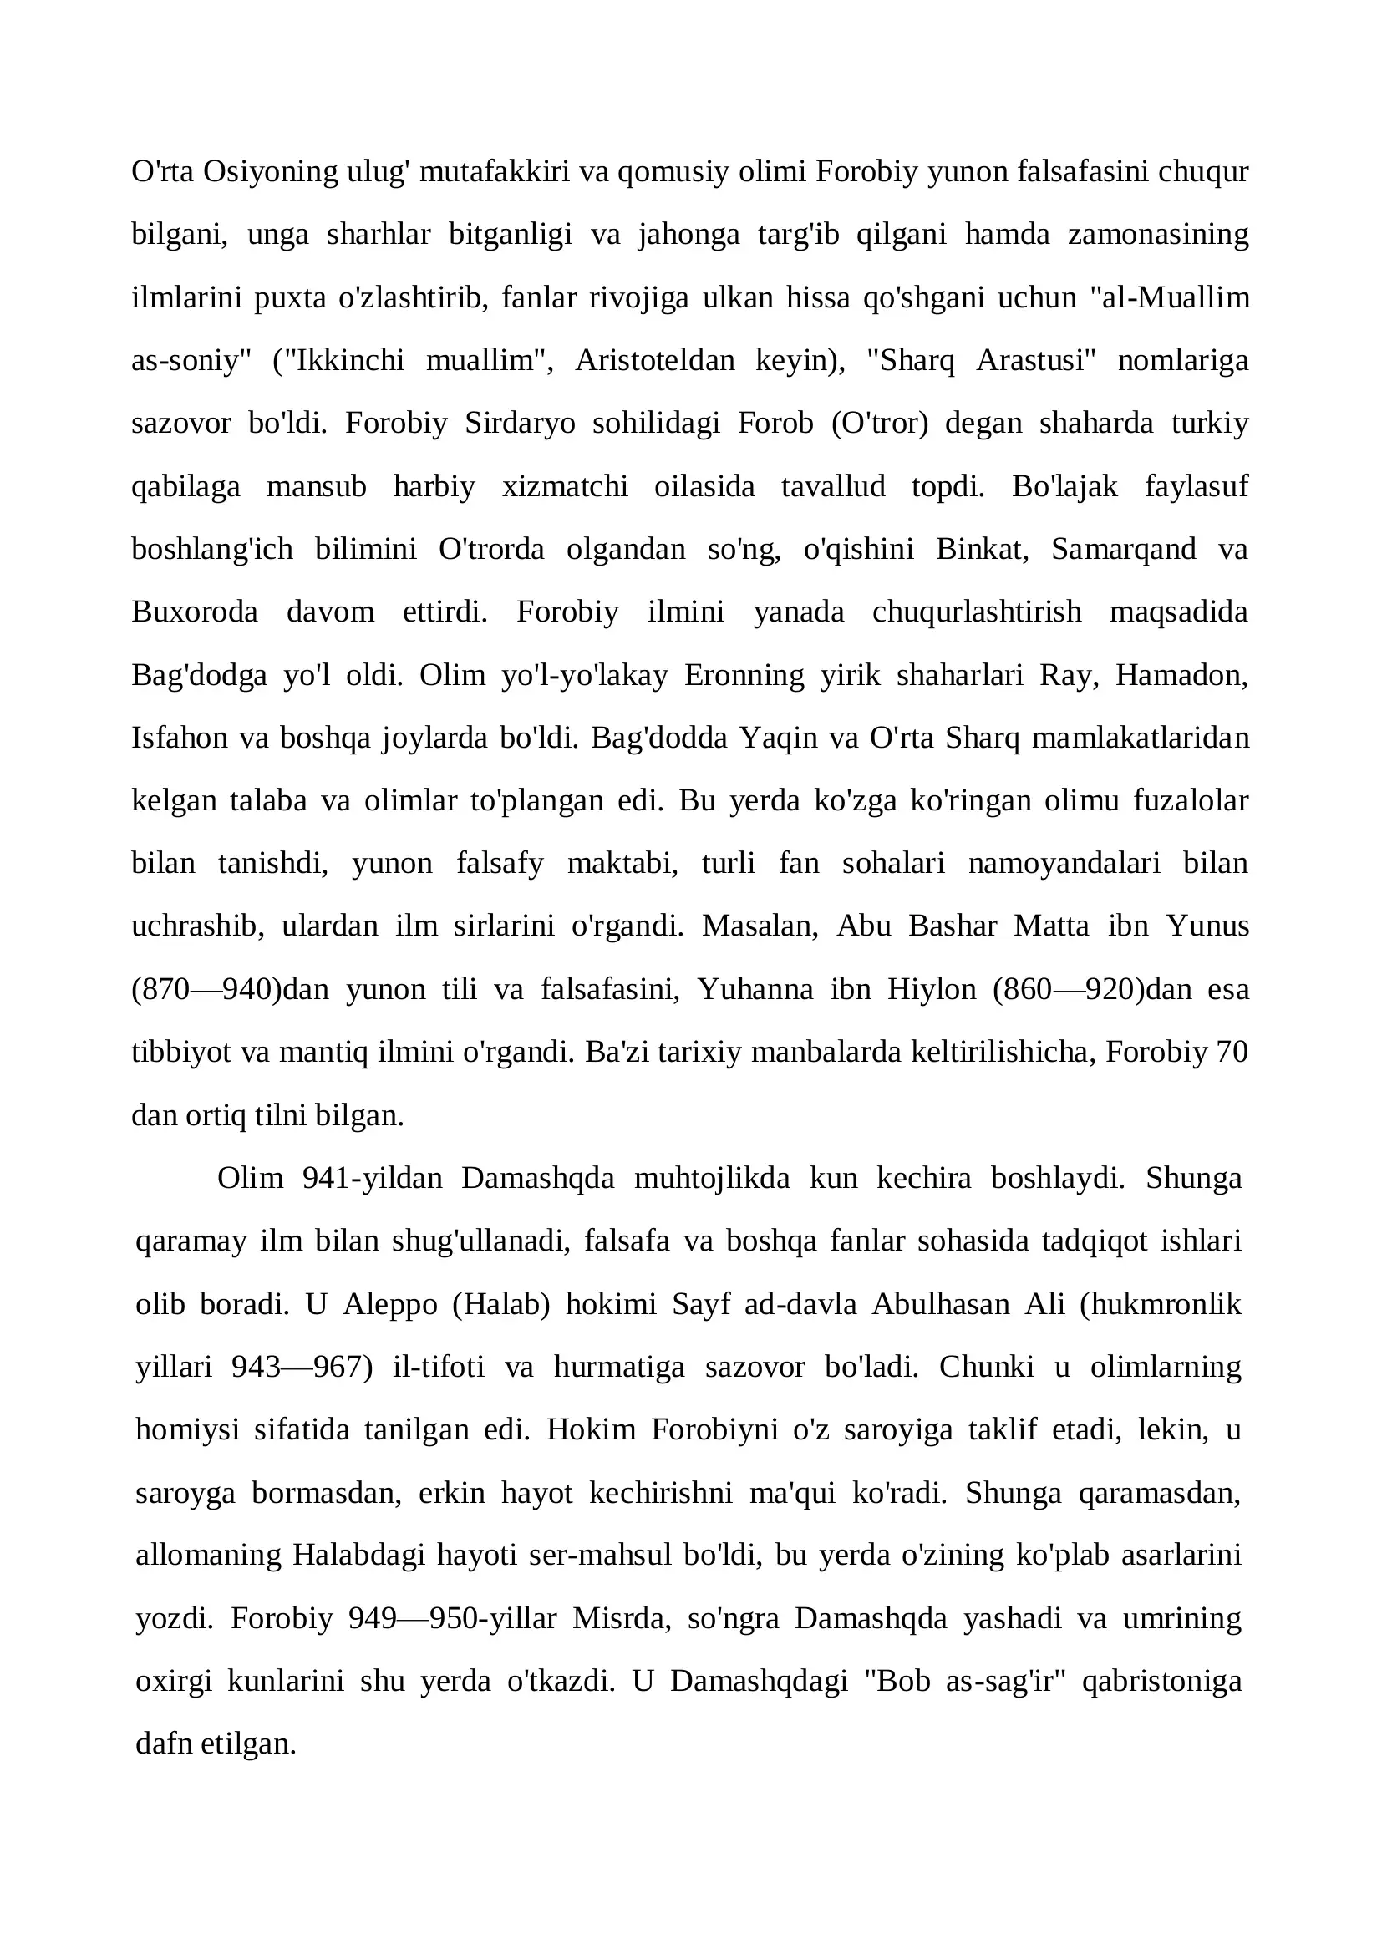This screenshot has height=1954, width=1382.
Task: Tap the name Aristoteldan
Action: click(x=654, y=361)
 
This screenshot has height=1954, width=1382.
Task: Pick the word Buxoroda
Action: click(x=194, y=612)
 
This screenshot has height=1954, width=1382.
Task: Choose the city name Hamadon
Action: click(x=1181, y=676)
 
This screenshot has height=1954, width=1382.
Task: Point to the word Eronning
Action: click(x=744, y=676)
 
